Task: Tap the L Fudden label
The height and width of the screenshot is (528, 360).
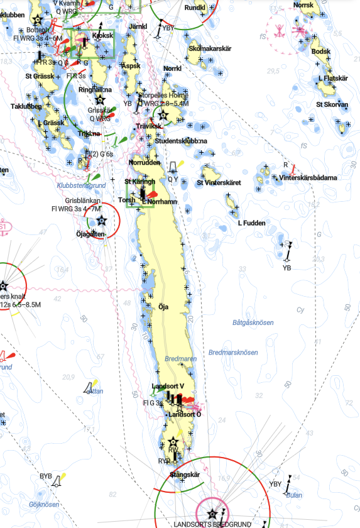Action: [251, 223]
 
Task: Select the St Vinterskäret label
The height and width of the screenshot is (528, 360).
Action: [219, 183]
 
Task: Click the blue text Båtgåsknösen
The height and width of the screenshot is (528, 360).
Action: [253, 322]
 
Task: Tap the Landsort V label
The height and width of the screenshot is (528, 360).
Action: [168, 386]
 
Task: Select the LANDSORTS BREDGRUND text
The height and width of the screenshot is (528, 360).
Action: [212, 524]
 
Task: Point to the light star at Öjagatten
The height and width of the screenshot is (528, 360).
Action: [101, 221]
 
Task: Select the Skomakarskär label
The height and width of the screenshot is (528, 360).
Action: [210, 48]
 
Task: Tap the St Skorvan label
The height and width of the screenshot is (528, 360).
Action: [332, 104]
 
